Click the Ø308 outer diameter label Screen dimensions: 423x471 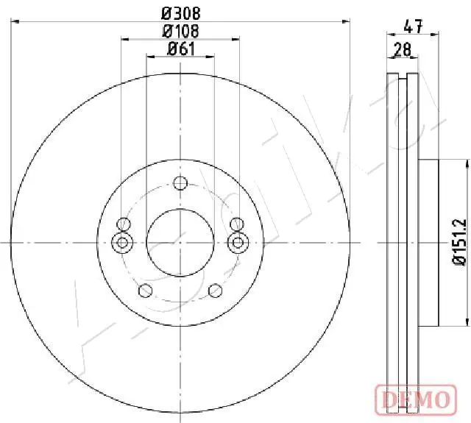180,13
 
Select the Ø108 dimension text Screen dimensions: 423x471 180,31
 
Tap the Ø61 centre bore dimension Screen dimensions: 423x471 180,49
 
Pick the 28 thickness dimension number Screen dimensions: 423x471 403,50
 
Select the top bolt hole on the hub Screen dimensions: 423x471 180,183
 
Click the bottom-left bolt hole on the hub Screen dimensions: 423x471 146,290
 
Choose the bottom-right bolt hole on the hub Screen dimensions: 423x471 215,290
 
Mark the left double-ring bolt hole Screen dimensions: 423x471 123,241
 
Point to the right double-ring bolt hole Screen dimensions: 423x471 237,241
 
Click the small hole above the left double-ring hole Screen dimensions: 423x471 124,224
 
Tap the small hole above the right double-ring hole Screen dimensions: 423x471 236,224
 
